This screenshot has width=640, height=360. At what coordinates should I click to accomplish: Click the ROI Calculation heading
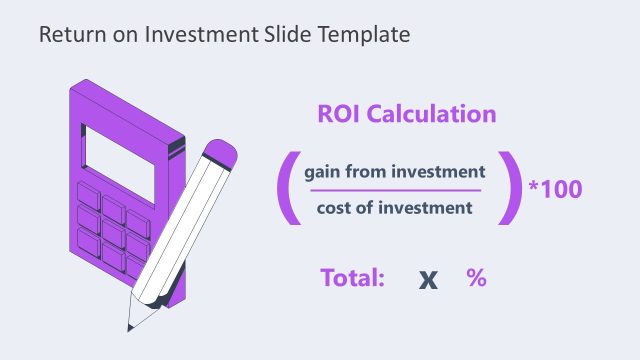(407, 114)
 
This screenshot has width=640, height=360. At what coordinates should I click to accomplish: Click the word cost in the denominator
(335, 208)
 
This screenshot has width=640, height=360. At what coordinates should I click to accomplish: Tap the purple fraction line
(393, 190)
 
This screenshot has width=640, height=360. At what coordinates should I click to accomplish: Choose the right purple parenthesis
(512, 188)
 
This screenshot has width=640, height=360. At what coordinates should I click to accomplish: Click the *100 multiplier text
(555, 188)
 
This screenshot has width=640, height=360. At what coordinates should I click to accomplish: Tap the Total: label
(353, 278)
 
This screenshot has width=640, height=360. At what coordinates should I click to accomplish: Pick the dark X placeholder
(428, 279)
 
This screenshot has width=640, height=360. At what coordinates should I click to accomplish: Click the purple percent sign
(476, 278)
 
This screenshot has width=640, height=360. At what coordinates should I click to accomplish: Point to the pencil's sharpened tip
(130, 326)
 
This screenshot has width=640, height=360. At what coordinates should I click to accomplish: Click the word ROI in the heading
(341, 114)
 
